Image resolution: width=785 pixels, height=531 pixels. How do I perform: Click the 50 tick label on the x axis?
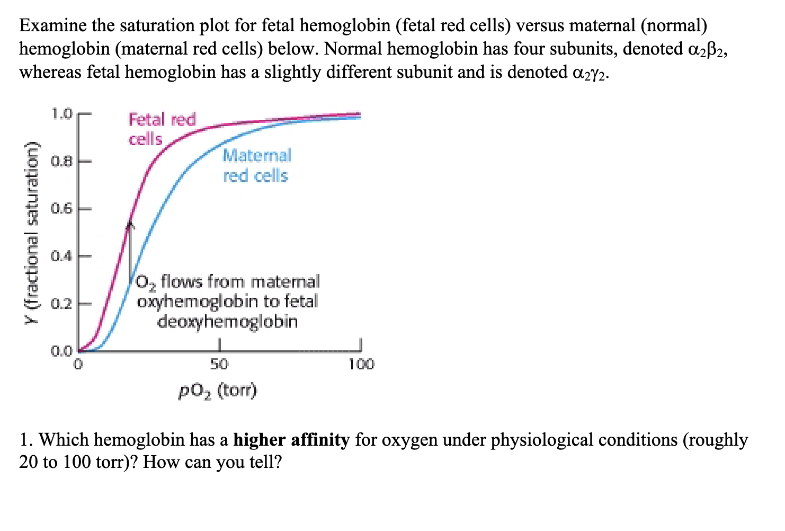219,365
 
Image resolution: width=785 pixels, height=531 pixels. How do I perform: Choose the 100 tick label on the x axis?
361,365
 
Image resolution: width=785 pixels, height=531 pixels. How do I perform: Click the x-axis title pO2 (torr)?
218,392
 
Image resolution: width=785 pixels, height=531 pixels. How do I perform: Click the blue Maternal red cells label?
256,165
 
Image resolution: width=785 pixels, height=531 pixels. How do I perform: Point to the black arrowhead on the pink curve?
130,225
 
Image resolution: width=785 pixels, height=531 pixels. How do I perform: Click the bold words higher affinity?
291,440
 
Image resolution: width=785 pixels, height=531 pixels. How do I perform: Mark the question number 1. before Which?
26,440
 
